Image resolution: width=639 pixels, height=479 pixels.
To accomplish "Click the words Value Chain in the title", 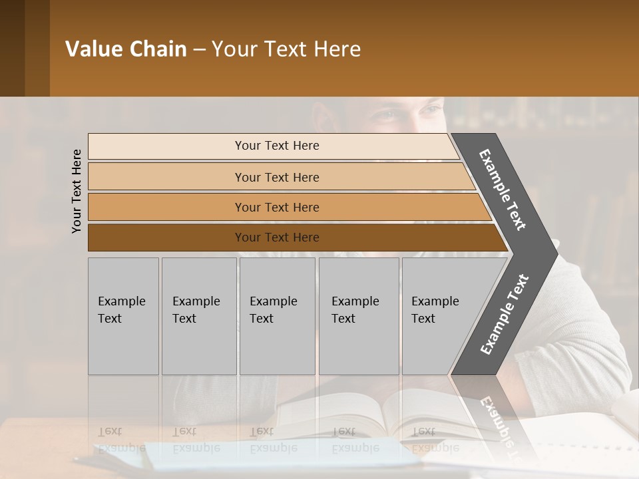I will pyautogui.click(x=126, y=49).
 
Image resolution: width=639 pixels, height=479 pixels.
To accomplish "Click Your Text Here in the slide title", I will pyautogui.click(x=286, y=49).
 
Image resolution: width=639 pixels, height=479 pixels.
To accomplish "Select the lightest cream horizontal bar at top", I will pyautogui.click(x=273, y=146).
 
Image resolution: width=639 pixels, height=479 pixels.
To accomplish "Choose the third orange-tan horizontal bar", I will pyautogui.click(x=286, y=207).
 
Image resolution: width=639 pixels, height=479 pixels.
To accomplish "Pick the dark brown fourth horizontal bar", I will pyautogui.click(x=293, y=238).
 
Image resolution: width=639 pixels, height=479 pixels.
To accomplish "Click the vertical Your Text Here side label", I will pyautogui.click(x=77, y=191).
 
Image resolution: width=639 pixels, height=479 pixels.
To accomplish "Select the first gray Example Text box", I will pyautogui.click(x=123, y=316).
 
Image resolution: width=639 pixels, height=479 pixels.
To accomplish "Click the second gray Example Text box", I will pyautogui.click(x=198, y=316).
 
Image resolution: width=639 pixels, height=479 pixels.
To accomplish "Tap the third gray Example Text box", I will pyautogui.click(x=277, y=316).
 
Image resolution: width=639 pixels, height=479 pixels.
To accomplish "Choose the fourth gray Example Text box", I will pyautogui.click(x=359, y=316).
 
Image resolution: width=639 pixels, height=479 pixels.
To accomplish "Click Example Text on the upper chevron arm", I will pyautogui.click(x=503, y=190).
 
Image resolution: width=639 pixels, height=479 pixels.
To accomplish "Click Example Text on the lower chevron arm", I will pyautogui.click(x=504, y=314).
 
